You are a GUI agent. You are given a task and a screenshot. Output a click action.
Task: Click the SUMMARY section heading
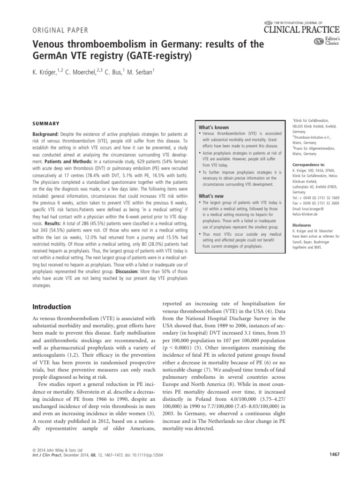[45, 124]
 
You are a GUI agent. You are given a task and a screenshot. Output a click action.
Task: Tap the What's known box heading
[214, 127]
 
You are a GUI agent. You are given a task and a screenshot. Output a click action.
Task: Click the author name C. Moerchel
[89, 73]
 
